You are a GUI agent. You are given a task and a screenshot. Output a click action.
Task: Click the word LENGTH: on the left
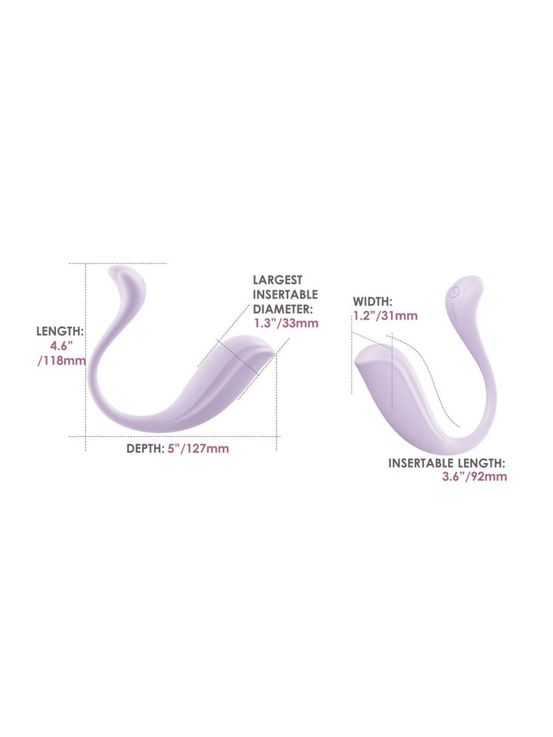(60, 332)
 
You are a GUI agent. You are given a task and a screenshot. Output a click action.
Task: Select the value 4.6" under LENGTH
(62, 346)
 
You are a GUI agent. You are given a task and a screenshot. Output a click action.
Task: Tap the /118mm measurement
(61, 361)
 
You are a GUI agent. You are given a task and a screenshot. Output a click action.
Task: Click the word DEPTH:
(145, 448)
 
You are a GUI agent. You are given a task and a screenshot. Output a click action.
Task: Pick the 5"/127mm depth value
(198, 448)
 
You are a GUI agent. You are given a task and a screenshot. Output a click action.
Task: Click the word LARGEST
(277, 280)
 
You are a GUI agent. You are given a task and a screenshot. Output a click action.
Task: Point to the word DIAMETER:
(283, 309)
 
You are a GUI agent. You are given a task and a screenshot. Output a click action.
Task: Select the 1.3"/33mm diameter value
(286, 323)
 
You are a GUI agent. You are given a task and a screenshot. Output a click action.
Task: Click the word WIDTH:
(373, 301)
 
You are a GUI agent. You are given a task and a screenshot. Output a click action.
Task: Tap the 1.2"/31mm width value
(385, 316)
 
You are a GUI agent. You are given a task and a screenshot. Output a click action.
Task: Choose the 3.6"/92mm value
(475, 477)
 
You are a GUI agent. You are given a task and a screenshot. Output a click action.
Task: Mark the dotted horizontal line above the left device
(118, 263)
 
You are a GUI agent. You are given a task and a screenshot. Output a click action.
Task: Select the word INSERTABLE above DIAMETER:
(286, 295)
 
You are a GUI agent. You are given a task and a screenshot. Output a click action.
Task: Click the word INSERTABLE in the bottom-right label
(418, 463)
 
